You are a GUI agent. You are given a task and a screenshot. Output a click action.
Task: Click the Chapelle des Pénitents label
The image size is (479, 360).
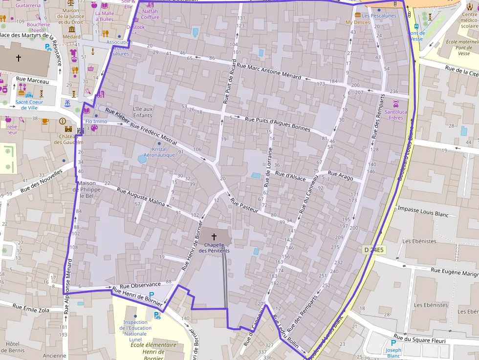tap(214, 248)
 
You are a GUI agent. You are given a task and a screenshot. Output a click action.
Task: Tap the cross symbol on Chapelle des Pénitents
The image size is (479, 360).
tap(214, 236)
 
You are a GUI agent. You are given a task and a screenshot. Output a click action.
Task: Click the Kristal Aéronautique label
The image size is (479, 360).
tap(159, 152)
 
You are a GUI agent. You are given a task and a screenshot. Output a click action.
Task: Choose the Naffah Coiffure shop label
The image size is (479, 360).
tap(151, 14)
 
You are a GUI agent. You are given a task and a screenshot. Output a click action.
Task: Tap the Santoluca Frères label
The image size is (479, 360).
tap(396, 114)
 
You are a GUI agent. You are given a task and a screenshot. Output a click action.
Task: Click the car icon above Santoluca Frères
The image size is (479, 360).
tap(396, 104)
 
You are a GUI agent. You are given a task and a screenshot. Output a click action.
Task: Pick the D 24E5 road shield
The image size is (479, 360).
tap(374, 250)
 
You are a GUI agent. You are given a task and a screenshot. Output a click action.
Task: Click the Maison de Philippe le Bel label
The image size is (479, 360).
tap(87, 190)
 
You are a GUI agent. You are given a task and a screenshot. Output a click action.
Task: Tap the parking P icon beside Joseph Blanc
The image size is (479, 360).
tap(393, 343)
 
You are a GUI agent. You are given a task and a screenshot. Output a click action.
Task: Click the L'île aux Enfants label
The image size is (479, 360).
tap(143, 112)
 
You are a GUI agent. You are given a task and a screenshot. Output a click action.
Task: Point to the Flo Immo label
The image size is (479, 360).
tap(96, 121)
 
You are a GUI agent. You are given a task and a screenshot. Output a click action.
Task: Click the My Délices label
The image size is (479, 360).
tap(358, 22)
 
